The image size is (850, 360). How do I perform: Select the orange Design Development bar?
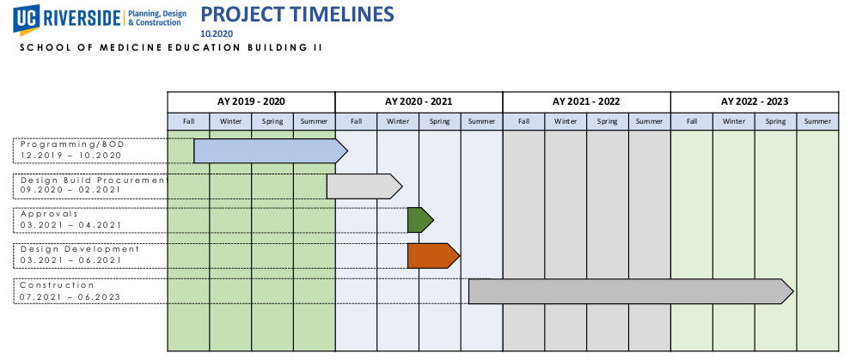pos(433,256)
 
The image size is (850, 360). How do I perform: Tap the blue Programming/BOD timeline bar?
pos(270,150)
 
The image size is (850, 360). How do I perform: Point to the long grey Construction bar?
pos(631,291)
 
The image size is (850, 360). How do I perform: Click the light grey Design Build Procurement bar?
pos(364,186)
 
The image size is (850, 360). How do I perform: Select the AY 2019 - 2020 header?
pos(251,101)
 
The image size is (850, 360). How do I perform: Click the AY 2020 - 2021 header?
pos(419,101)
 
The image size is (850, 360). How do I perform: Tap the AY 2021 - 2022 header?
pos(586,101)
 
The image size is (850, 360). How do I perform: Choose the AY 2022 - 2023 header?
pos(755,101)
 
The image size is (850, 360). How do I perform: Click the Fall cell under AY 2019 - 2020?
pos(188,121)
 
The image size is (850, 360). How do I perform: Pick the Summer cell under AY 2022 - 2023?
pos(817,121)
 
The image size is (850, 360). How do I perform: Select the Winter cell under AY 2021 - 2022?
pos(566,121)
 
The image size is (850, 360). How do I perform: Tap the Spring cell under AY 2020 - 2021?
pos(440,121)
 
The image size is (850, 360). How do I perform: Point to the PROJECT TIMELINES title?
pos(297,14)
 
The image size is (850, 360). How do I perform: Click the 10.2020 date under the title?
pos(217,34)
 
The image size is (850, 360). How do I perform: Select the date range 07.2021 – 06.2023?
pos(70,297)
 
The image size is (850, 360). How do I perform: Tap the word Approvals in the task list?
pos(49,214)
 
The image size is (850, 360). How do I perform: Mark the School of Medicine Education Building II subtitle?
pos(171,48)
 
